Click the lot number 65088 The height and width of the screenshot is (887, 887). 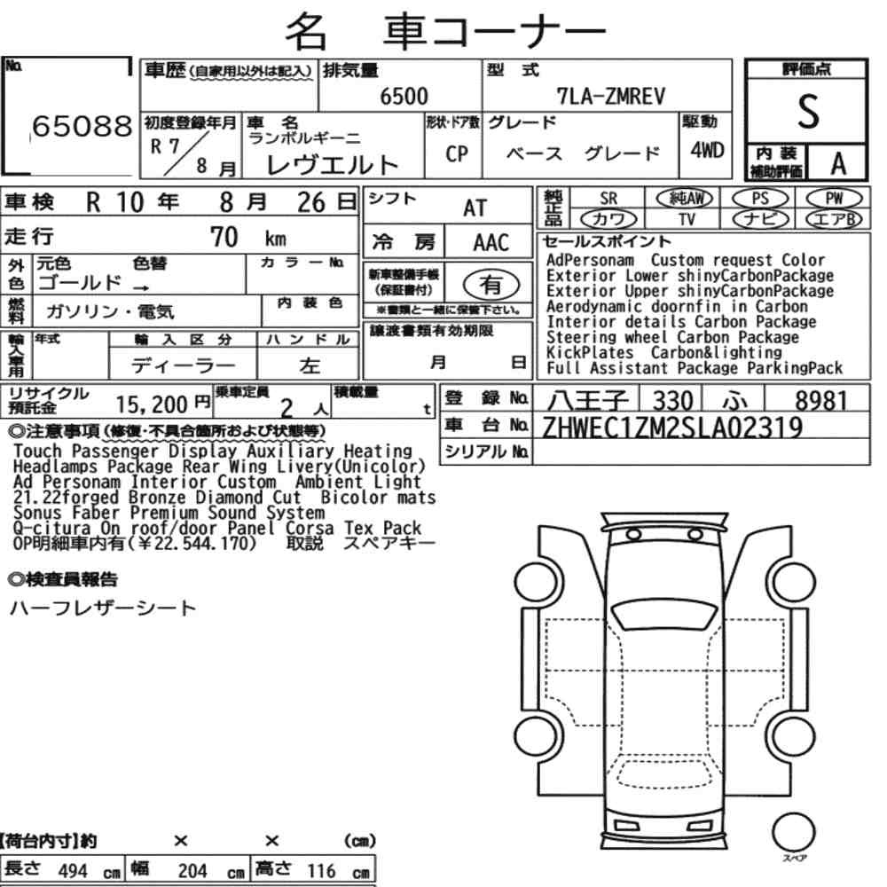pos(82,126)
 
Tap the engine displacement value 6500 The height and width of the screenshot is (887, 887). pos(404,97)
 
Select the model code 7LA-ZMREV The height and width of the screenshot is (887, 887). pos(611,97)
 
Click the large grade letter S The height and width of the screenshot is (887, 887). pos(808,112)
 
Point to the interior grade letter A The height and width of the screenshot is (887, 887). pos(838,164)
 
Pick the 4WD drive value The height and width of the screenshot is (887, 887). pos(707,150)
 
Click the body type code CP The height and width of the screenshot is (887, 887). pos(457,153)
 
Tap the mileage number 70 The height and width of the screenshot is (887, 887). pos(224,237)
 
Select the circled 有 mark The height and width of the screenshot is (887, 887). pos(491,285)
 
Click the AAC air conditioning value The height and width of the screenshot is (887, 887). pos(491,243)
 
